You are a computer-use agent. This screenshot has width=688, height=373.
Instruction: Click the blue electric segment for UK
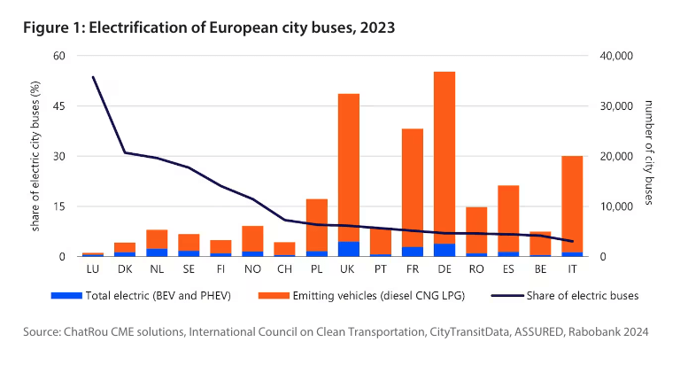pos(348,249)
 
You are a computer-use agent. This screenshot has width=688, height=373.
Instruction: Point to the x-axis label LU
pos(92,266)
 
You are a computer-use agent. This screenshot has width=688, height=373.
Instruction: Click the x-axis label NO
pos(252,266)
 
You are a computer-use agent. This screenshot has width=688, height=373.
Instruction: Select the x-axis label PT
pos(380,266)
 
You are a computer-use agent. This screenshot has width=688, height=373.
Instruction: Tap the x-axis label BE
pos(540,266)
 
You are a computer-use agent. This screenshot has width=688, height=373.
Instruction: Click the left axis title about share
pos(35,156)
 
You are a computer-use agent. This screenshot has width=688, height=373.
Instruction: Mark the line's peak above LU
pos(93,77)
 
